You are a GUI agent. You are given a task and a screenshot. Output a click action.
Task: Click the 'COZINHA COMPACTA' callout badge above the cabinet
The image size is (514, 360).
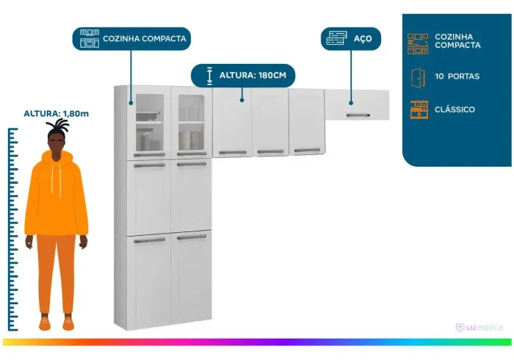coord(131,39)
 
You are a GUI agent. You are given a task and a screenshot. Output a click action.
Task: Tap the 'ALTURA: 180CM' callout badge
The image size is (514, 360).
coord(243,76)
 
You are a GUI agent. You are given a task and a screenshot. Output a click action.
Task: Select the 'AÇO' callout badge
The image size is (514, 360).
coord(351,39)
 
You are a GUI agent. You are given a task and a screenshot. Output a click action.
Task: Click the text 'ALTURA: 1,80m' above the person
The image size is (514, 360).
coord(56,114)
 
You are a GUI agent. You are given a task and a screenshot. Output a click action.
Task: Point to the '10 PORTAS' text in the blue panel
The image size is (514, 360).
coord(457,76)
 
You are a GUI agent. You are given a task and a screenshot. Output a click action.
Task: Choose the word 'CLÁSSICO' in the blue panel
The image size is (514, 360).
coord(455,109)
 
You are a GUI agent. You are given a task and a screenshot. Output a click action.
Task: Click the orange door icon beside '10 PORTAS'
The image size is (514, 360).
coord(419,78)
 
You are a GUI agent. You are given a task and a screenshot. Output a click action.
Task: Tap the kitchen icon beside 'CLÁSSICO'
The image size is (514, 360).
coord(419,109)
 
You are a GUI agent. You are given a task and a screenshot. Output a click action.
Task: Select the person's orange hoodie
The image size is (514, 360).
coord(56,193)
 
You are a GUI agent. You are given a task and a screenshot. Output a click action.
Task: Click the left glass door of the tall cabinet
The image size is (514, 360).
coord(150,123)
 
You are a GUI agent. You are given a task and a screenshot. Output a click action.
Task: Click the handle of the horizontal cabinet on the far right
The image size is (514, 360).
coord(358,115)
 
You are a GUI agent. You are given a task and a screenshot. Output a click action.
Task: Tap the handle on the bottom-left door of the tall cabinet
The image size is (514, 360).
coord(150,240)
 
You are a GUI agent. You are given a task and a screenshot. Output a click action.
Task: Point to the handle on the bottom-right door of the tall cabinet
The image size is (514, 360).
coord(192,237)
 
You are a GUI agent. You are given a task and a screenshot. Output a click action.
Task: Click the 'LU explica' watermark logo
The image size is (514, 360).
coord(479,327)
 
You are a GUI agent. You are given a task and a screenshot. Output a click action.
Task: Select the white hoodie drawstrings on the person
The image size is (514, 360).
coord(56,180)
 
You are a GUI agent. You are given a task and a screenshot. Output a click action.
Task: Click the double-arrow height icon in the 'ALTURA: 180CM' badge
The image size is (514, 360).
coord(209,76)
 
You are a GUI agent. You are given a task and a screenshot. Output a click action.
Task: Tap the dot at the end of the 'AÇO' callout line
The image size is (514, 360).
coord(351,103)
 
